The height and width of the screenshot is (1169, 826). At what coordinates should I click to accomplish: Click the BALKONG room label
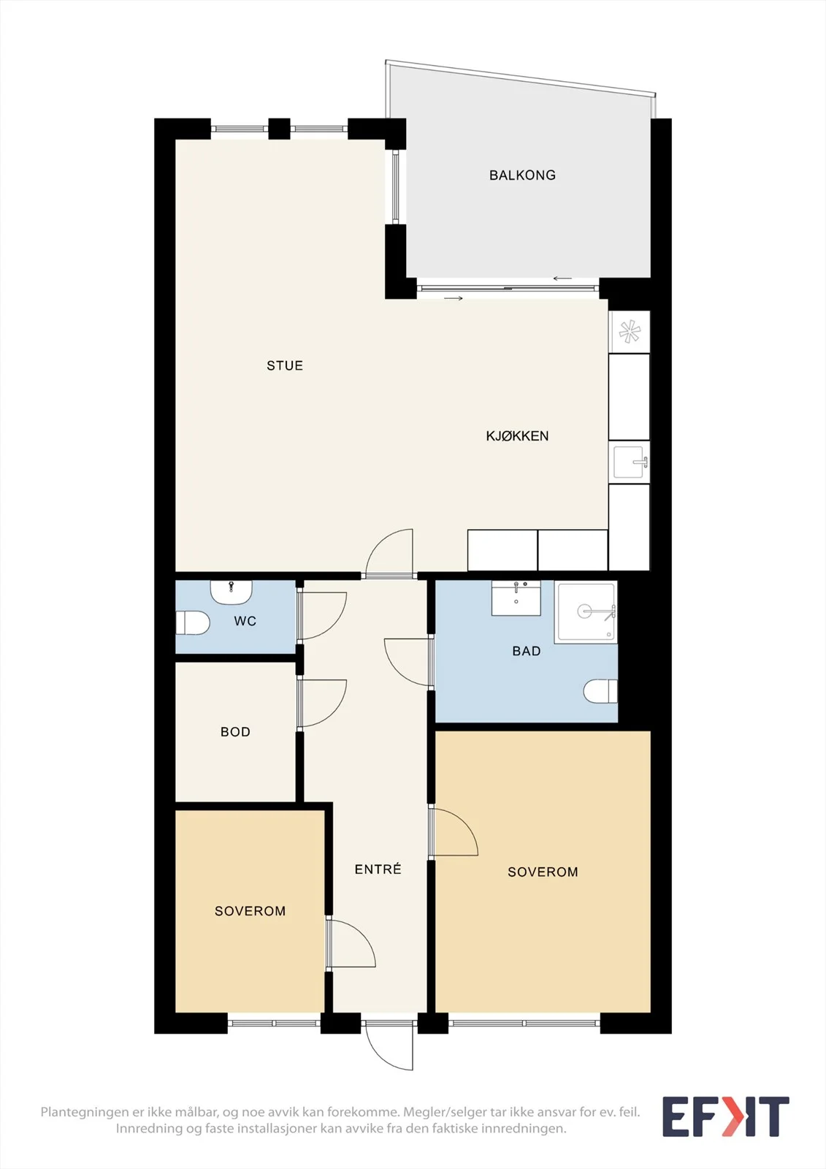pos(522,175)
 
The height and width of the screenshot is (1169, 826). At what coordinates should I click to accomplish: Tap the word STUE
pos(285,366)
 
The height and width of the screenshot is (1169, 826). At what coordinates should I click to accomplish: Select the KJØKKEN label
pos(517,435)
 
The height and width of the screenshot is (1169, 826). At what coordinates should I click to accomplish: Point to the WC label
pos(245,621)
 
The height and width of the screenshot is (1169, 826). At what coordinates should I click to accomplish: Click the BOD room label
pos(235,731)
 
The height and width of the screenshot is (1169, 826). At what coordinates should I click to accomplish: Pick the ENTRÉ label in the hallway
pos(378,869)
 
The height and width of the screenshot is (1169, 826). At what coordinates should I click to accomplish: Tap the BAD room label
pos(526,651)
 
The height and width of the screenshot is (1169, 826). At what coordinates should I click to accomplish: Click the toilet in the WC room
pos(193,622)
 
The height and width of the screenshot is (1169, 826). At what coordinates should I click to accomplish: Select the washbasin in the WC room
pos(232,592)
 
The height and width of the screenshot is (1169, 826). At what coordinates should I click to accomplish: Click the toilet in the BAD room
pos(600,691)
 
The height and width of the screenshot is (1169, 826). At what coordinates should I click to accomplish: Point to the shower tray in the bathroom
pos(586,612)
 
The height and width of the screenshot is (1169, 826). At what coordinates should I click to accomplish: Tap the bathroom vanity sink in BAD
pos(516,598)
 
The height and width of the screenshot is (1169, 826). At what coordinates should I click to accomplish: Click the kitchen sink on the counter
pos(630,462)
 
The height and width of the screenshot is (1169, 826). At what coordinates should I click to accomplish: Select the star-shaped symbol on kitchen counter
pos(630,332)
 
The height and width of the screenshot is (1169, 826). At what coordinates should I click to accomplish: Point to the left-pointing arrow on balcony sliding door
pos(562,278)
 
